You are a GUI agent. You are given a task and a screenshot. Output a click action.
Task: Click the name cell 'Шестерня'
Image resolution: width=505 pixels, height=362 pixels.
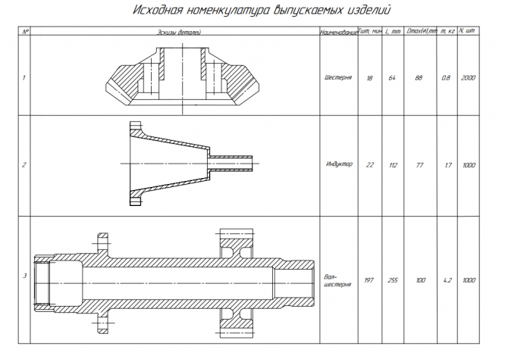pyautogui.click(x=337, y=77)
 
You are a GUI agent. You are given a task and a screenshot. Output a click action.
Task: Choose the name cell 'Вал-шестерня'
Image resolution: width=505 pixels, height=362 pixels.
pyautogui.click(x=337, y=281)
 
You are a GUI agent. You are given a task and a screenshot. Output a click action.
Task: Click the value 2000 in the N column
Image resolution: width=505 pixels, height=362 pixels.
pyautogui.click(x=467, y=77)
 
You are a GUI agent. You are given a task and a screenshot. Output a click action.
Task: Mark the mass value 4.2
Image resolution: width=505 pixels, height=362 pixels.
pyautogui.click(x=447, y=281)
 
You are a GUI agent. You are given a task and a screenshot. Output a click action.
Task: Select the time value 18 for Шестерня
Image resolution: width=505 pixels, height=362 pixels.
pyautogui.click(x=369, y=77)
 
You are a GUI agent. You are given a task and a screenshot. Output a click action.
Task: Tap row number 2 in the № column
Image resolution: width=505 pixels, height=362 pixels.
pyautogui.click(x=25, y=164)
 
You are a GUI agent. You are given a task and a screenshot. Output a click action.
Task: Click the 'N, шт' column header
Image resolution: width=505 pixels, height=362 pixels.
pyautogui.click(x=467, y=32)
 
